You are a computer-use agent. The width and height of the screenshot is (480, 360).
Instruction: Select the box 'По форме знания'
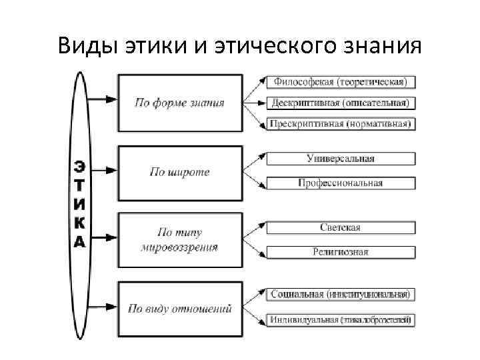pyautogui.click(x=180, y=103)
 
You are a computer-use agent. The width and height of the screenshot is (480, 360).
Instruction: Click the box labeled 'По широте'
pyautogui.click(x=180, y=172)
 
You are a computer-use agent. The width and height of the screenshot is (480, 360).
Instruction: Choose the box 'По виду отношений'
pyautogui.click(x=180, y=309)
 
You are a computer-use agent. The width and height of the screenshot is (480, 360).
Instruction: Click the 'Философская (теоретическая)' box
pyautogui.click(x=341, y=82)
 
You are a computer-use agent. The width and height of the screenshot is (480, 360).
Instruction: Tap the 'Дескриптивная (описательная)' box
pyautogui.click(x=341, y=103)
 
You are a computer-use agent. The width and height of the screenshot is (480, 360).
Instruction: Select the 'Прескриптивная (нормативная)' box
pyautogui.click(x=341, y=123)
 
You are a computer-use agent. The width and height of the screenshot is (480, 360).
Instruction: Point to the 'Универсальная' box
pyautogui.click(x=341, y=159)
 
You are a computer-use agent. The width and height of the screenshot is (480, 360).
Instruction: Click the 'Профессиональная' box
pyautogui.click(x=341, y=183)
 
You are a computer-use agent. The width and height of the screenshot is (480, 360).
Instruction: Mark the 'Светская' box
pyautogui.click(x=341, y=227)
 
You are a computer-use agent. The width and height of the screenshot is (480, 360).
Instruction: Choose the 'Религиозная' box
pyautogui.click(x=341, y=252)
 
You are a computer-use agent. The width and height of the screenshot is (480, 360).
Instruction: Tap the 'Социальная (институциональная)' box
pyautogui.click(x=341, y=294)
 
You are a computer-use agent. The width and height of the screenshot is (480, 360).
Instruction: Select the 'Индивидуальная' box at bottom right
pyautogui.click(x=341, y=320)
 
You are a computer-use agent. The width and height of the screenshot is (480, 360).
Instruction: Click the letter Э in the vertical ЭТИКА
pyautogui.click(x=79, y=165)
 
